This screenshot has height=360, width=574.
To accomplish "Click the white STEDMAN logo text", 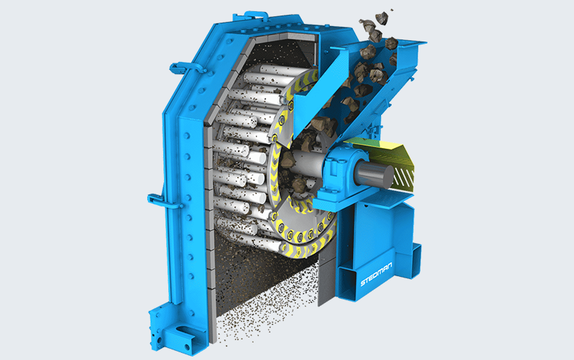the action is click(376, 274).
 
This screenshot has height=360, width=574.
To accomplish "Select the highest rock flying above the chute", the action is click(382, 18).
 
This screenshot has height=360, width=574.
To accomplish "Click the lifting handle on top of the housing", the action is click(256, 15).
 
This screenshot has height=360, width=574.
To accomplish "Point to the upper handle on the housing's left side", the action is click(187, 68).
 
